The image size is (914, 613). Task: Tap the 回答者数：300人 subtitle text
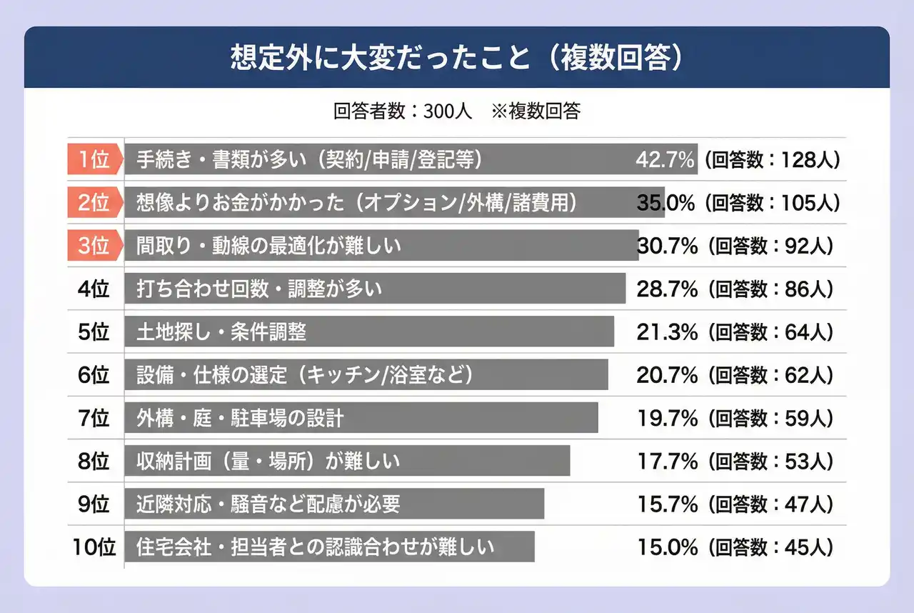tap(402, 111)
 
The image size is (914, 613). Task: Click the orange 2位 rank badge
tap(94, 203)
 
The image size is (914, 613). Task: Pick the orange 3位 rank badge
tap(94, 246)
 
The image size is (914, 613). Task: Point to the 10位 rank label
tap(94, 547)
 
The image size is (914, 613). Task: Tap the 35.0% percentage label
tap(666, 203)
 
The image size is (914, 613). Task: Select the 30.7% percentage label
tap(666, 246)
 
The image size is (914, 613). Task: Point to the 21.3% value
tap(666, 332)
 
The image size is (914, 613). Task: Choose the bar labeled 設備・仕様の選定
tap(366, 374)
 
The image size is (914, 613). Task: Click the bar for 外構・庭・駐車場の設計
tap(361, 418)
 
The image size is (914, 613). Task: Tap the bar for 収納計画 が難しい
tap(347, 461)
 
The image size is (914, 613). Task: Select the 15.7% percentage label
tap(666, 504)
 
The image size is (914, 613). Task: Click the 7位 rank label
tap(94, 418)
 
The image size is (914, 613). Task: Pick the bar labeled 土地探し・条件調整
tap(368, 332)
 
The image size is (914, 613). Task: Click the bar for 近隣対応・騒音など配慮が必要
tap(334, 504)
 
